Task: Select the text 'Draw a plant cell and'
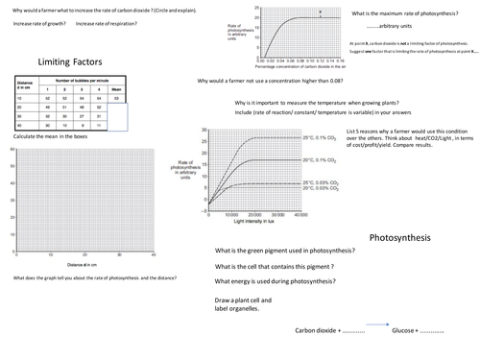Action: (245, 300)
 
